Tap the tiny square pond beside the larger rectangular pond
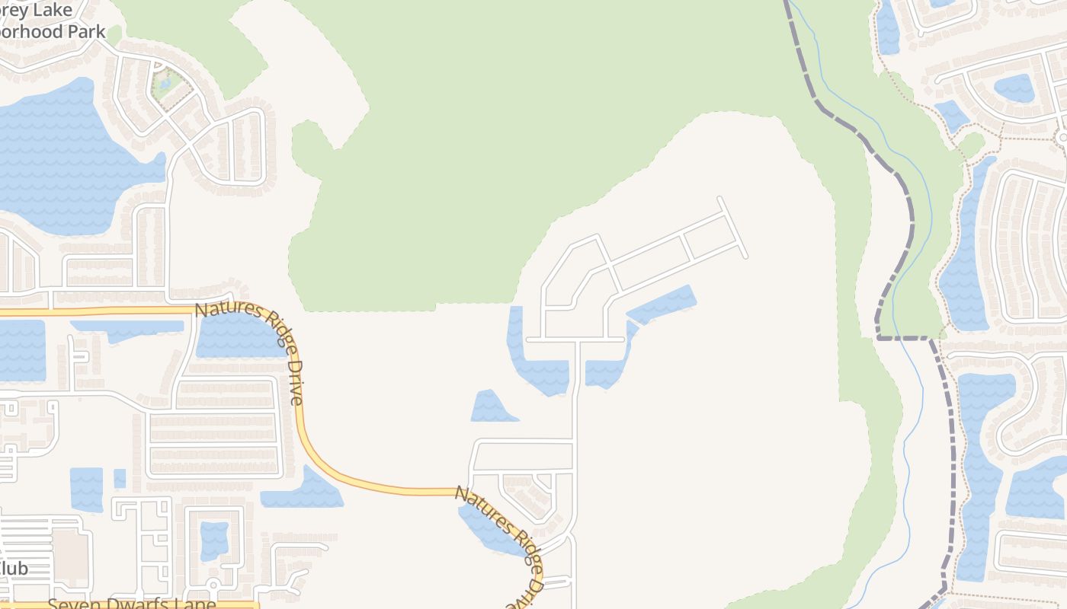[120, 478]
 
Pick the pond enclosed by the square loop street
[214, 540]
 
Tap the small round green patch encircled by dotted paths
[971, 143]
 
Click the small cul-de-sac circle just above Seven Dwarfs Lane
[213, 585]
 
